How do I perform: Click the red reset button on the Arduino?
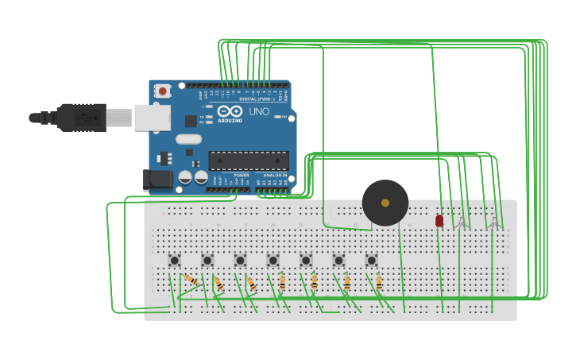pos(163,91)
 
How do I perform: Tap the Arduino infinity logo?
pos(230,112)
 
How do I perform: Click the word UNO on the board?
pos(259,111)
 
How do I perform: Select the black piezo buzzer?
pos(385,203)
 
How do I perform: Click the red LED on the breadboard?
pos(439,220)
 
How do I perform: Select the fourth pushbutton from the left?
pos(273,260)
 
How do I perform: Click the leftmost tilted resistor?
pos(191,280)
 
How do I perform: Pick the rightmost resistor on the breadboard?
pos(379,282)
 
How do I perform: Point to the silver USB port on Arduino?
pos(152,118)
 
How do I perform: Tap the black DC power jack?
pos(157,179)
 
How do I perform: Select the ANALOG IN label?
pos(274,175)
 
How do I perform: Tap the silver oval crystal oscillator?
pos(189,139)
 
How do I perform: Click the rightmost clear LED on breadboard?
pos(493,223)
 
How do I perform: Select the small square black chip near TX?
pos(191,121)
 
